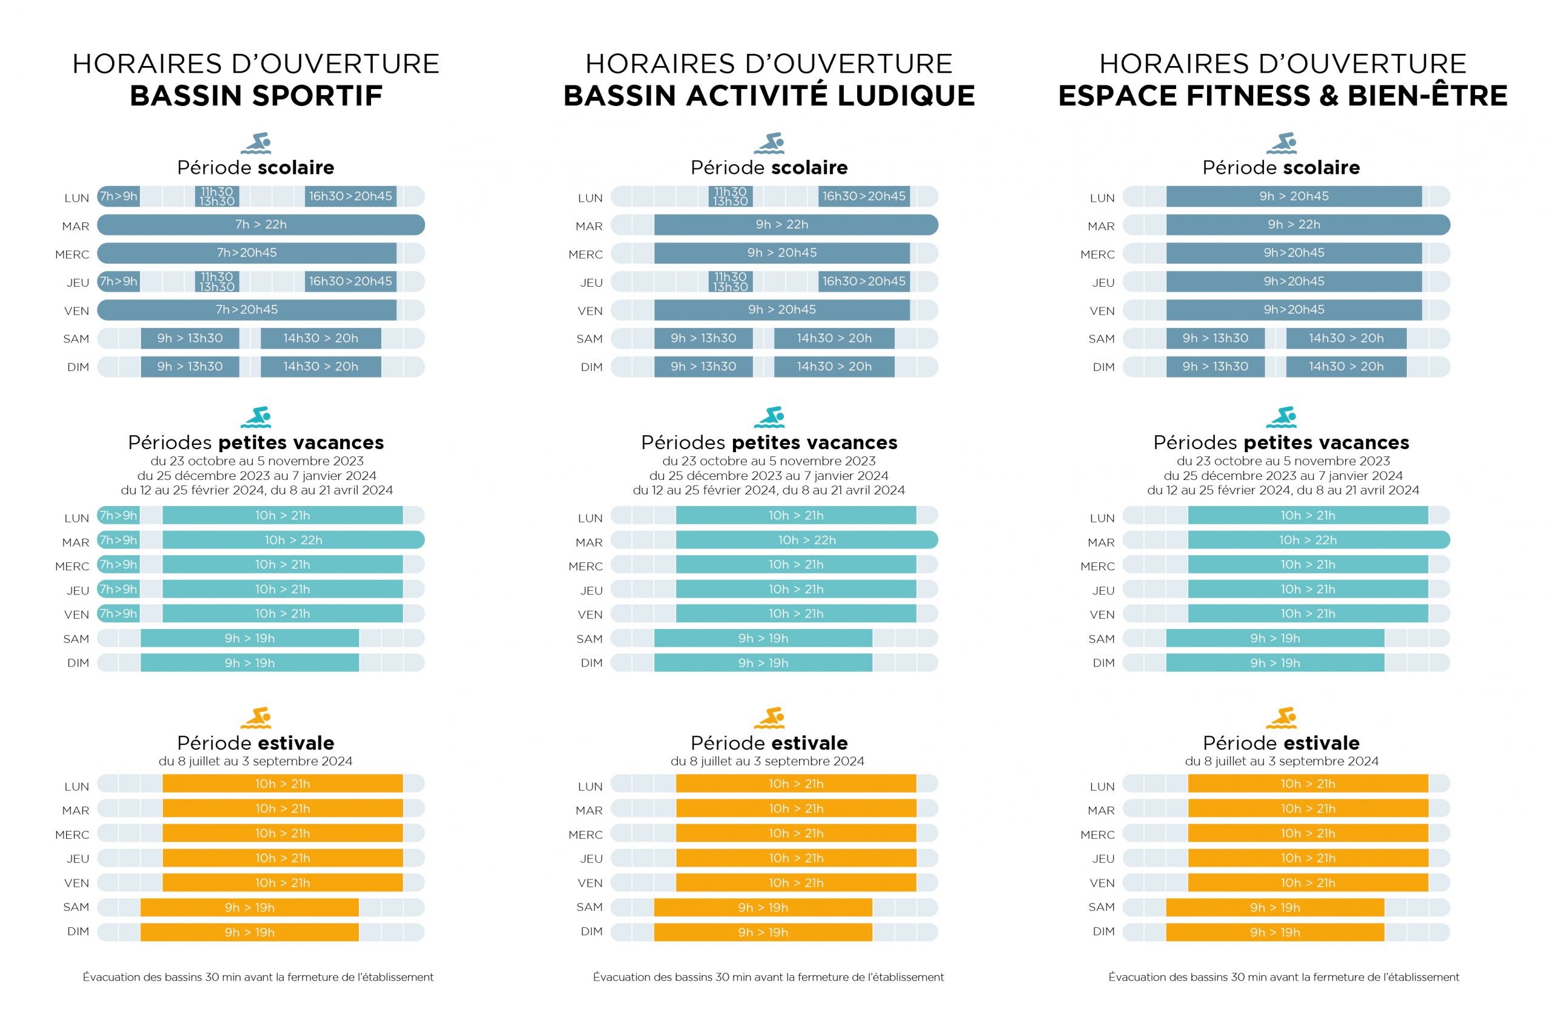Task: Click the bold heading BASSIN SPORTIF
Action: click(x=256, y=96)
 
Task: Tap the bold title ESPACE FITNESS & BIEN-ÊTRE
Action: click(x=1282, y=96)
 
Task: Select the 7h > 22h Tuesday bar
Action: click(x=261, y=224)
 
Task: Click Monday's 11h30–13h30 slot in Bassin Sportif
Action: click(x=216, y=196)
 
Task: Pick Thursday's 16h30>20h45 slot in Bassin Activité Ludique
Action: click(x=863, y=281)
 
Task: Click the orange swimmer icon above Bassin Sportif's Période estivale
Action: click(x=256, y=717)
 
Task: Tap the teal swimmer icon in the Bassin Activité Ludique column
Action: click(x=769, y=417)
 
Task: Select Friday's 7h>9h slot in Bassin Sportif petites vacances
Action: click(x=118, y=614)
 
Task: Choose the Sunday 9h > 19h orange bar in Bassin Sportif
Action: click(x=249, y=932)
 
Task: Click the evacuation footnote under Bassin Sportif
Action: click(x=258, y=977)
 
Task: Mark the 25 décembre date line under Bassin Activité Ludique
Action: click(x=769, y=476)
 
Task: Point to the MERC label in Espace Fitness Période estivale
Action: click(x=1097, y=834)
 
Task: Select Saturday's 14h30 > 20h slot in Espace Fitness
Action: click(x=1346, y=338)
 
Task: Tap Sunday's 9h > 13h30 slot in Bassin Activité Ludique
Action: click(x=703, y=367)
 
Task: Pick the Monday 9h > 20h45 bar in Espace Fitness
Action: click(x=1294, y=196)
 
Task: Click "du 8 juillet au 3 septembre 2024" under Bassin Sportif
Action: click(x=255, y=761)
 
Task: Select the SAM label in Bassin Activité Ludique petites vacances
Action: click(x=589, y=639)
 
